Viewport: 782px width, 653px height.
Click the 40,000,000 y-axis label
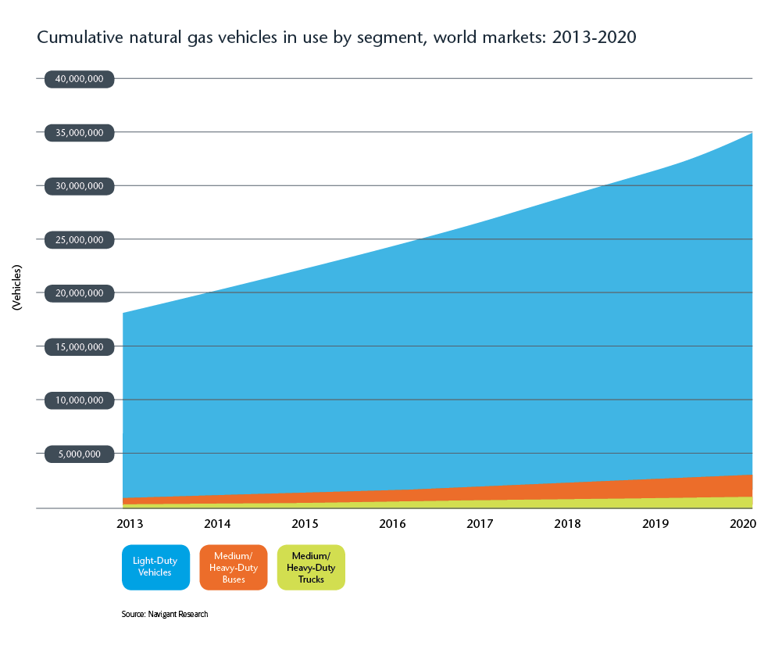click(x=80, y=79)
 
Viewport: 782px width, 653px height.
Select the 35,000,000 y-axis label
click(x=80, y=133)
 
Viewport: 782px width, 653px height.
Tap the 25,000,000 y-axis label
click(x=80, y=240)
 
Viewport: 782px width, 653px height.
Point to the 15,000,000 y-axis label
click(x=80, y=346)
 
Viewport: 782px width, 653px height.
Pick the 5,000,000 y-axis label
click(x=80, y=454)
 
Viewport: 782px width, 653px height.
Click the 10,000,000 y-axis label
click(x=80, y=400)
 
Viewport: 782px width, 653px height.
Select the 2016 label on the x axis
click(x=392, y=523)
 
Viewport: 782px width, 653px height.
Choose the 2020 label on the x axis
click(x=741, y=523)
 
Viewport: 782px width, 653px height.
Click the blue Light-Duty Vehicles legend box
click(x=155, y=567)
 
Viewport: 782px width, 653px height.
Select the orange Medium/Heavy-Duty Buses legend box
click(x=234, y=567)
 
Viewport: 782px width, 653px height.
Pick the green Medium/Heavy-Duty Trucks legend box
click(x=311, y=567)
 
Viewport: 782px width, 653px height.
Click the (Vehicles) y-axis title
click(x=17, y=289)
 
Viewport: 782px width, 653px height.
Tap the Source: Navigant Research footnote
click(x=165, y=615)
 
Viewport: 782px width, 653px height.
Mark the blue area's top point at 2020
click(x=751, y=134)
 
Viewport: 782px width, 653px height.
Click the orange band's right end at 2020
click(x=751, y=486)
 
